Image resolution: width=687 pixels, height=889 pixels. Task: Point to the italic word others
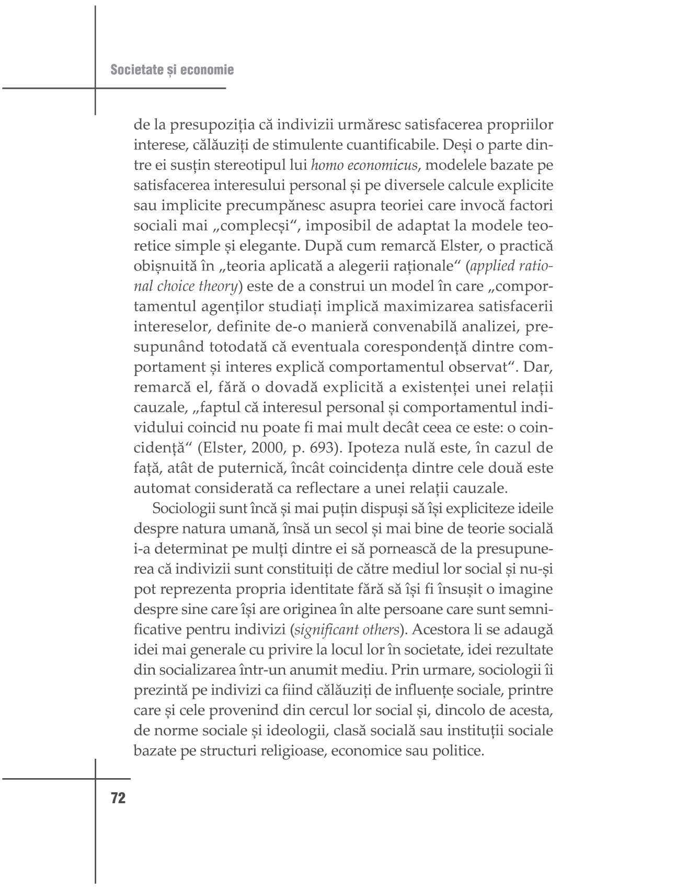click(380, 630)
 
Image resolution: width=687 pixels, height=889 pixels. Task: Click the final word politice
click(456, 751)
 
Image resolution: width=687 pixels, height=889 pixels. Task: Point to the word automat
click(159, 488)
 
